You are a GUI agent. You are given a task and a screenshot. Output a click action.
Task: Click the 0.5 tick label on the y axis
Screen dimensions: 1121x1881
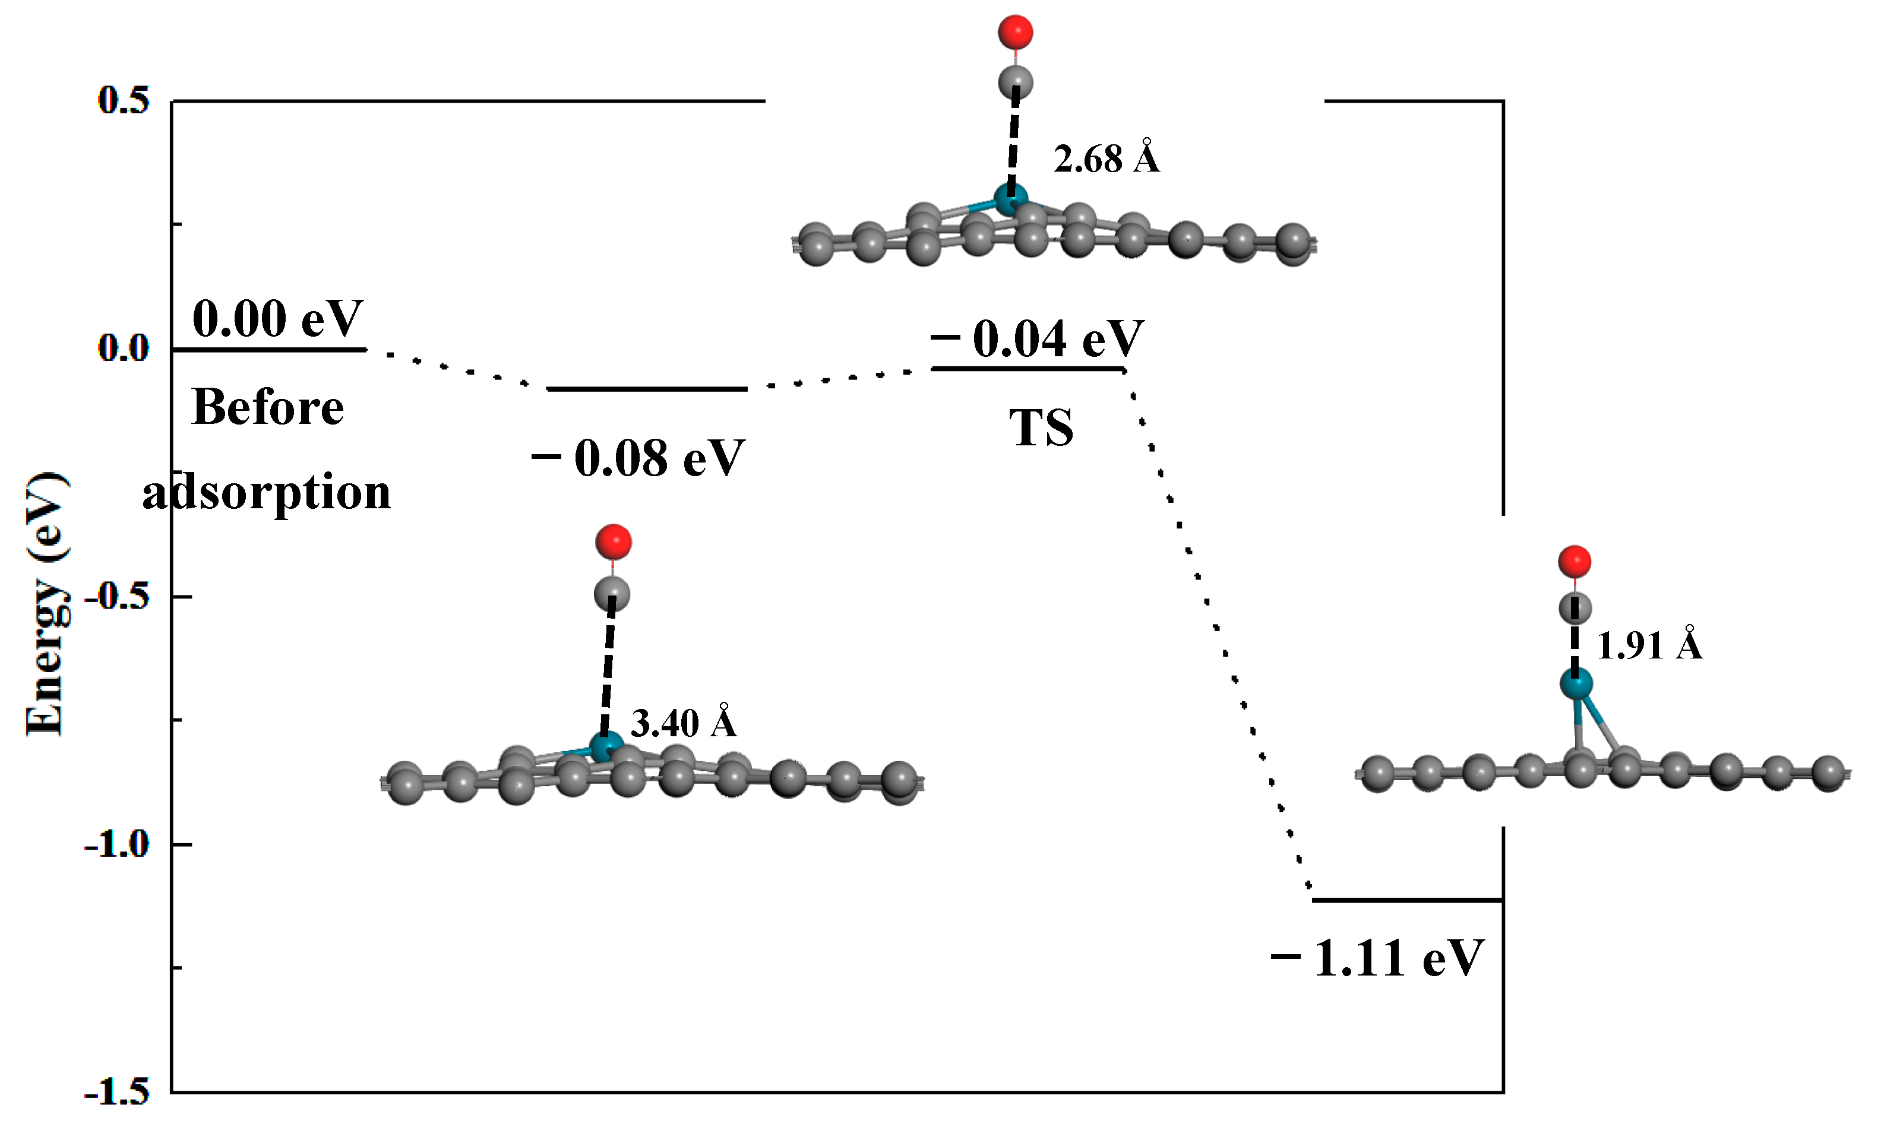point(123,100)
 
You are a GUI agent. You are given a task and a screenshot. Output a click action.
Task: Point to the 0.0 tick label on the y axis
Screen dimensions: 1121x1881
point(123,349)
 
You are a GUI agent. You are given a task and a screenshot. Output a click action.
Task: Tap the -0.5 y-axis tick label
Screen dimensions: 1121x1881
point(117,596)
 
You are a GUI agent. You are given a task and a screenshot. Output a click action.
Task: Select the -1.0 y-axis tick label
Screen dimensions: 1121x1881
point(117,844)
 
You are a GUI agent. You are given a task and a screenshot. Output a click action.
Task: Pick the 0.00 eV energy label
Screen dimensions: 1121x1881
point(277,318)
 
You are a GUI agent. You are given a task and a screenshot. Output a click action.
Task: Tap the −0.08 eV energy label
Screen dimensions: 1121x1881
point(638,457)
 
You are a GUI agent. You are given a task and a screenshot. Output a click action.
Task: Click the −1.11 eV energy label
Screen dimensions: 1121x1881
point(1378,958)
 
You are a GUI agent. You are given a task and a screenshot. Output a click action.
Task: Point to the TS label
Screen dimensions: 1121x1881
point(1041,427)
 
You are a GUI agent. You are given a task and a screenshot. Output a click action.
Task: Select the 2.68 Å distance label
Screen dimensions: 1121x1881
point(1106,159)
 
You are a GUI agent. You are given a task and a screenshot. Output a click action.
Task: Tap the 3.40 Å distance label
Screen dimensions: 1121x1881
point(683,723)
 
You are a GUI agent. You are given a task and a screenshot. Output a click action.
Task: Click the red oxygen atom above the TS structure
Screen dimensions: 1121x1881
point(1015,31)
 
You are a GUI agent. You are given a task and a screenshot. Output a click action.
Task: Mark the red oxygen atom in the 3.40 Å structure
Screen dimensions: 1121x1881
point(613,541)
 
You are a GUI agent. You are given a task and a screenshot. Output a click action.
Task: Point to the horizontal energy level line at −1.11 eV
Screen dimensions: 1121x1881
point(1406,900)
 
